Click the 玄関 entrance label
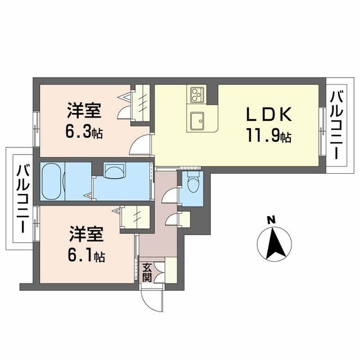pos(146,272)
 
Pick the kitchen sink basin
pos(197,119)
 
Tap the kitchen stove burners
pos(197,94)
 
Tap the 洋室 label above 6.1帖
pos(86,233)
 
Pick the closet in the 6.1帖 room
pos(136,217)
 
